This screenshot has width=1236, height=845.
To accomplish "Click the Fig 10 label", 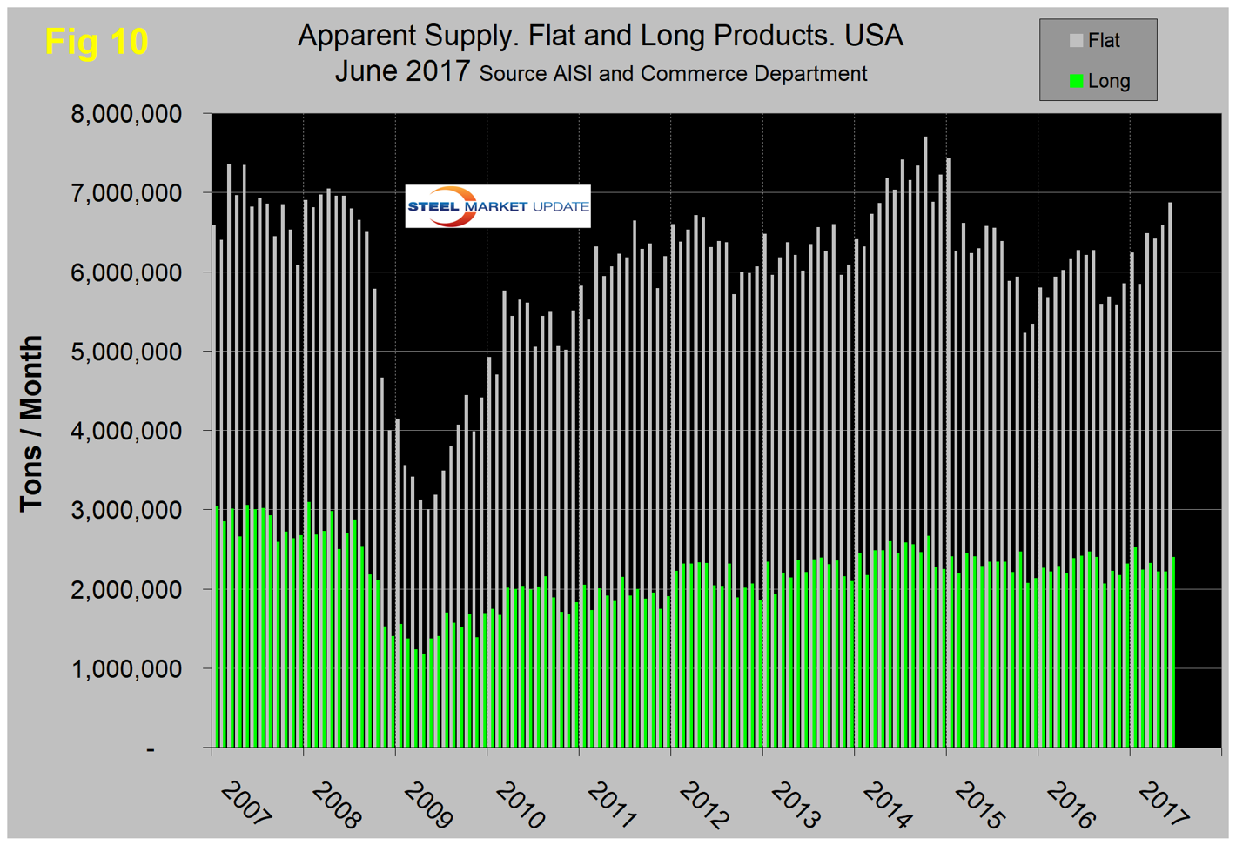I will coord(97,42).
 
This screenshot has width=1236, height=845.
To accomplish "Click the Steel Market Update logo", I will coord(498,206).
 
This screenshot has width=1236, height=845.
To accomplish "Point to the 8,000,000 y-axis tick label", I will coord(126,114).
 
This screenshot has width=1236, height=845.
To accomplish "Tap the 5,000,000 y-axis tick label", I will coord(126,352).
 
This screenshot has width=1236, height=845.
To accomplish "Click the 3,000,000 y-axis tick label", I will coord(126,510).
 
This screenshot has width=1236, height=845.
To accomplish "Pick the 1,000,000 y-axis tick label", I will coord(126,668).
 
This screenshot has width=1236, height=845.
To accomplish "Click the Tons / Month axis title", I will coord(31,424).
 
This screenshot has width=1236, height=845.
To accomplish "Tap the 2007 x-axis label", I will coord(246,803).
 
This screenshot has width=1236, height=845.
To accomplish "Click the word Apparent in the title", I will coord(357,36).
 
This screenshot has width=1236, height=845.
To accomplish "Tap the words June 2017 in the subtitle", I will coord(402,71).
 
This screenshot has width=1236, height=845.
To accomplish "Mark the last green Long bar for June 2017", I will coord(1172,653).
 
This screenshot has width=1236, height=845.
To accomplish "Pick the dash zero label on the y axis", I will coord(151,748).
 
